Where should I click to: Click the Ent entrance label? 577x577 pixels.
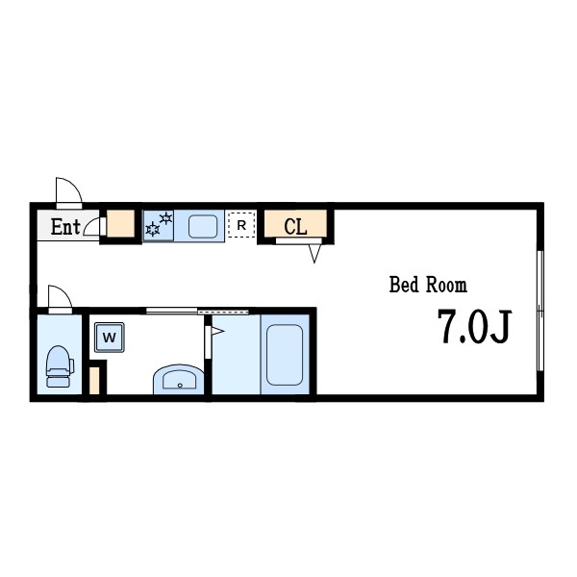click(x=65, y=227)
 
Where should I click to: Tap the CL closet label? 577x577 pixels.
click(x=295, y=227)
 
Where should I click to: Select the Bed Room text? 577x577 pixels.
click(x=428, y=285)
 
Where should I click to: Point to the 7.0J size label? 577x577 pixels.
click(x=474, y=326)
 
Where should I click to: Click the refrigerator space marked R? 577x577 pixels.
click(x=241, y=224)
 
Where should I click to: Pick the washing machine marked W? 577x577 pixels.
click(x=110, y=338)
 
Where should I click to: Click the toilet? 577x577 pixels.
click(x=60, y=366)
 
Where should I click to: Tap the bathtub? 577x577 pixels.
click(x=285, y=355)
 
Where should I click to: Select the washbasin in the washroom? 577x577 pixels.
click(x=179, y=380)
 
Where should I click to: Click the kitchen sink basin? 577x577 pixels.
click(x=203, y=226)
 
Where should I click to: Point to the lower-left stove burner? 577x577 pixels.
click(x=152, y=229)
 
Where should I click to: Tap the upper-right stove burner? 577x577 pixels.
click(x=166, y=218)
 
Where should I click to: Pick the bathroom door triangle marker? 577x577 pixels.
click(x=218, y=331)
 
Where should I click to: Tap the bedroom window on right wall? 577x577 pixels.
click(x=539, y=311)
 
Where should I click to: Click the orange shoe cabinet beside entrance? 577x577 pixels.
click(x=120, y=224)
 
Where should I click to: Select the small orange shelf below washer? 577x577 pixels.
click(x=94, y=381)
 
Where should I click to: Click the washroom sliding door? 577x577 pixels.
click(x=197, y=312)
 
